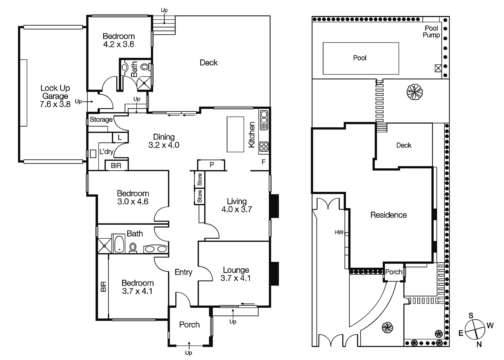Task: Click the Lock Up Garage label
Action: pyautogui.click(x=55, y=96)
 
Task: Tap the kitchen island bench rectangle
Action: pyautogui.click(x=235, y=134)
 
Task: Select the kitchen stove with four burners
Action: pyautogui.click(x=264, y=146)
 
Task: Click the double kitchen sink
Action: pyautogui.click(x=264, y=120)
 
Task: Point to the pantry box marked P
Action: pyautogui.click(x=211, y=165)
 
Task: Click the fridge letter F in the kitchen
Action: pyautogui.click(x=263, y=162)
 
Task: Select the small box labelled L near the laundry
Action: pyautogui.click(x=120, y=137)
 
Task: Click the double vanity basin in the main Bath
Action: pyautogui.click(x=155, y=249)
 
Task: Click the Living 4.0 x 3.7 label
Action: pyautogui.click(x=237, y=205)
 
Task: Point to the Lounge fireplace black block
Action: pyautogui.click(x=274, y=274)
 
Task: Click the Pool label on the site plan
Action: pyautogui.click(x=359, y=58)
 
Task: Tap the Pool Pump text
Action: pyautogui.click(x=431, y=32)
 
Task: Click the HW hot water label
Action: pyautogui.click(x=339, y=232)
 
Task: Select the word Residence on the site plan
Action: pyautogui.click(x=388, y=215)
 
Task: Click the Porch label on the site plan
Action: pyautogui.click(x=393, y=272)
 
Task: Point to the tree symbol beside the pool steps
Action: pyautogui.click(x=414, y=92)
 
